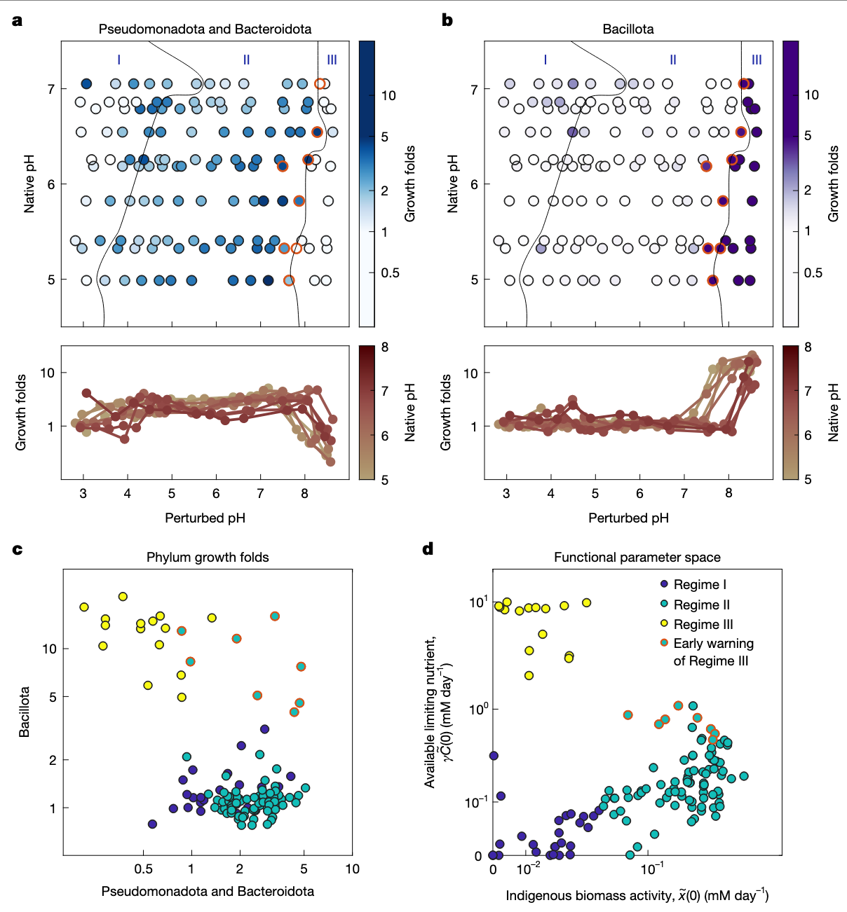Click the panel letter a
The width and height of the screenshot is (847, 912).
(x=18, y=21)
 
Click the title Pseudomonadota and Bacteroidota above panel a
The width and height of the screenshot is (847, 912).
(x=205, y=29)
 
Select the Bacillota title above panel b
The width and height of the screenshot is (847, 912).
(x=628, y=29)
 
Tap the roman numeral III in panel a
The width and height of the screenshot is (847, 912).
(x=332, y=60)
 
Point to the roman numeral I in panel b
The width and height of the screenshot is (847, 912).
(x=546, y=60)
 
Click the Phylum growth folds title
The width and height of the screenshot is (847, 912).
(x=208, y=558)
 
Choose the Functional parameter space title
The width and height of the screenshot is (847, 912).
(x=637, y=558)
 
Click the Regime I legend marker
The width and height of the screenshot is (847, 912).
(x=664, y=584)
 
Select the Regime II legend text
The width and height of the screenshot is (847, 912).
(x=701, y=604)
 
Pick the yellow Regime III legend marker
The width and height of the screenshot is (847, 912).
(x=664, y=624)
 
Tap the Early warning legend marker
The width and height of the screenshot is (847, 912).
(x=664, y=643)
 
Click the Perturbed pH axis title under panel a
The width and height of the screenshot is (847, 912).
(x=205, y=518)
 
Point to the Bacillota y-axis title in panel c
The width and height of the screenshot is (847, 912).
(x=25, y=712)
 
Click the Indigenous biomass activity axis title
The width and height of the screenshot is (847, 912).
(x=637, y=895)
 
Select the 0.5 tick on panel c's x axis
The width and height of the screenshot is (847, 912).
(x=143, y=869)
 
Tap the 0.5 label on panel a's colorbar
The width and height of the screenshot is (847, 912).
(x=391, y=272)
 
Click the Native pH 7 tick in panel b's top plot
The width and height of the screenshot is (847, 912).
(x=475, y=90)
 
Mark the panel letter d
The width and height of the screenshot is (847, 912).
(x=428, y=549)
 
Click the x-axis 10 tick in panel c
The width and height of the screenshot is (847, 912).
(x=352, y=869)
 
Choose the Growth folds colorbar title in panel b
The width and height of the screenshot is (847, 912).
(x=834, y=184)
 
